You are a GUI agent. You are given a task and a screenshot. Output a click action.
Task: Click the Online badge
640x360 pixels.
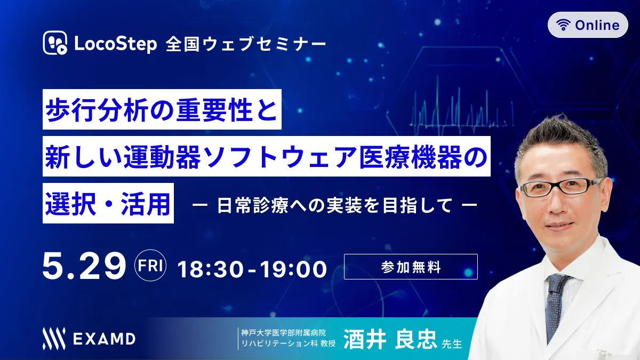(x=588, y=25)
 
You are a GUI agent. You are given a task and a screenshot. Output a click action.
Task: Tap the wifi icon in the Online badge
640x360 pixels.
(x=563, y=25)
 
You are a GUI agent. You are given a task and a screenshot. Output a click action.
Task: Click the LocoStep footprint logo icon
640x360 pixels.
(x=55, y=43)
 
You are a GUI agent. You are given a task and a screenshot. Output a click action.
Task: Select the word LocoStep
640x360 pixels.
(x=115, y=44)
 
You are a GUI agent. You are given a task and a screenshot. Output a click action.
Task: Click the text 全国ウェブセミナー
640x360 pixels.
(x=246, y=45)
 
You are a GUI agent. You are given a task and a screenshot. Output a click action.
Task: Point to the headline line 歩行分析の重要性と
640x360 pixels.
(x=162, y=109)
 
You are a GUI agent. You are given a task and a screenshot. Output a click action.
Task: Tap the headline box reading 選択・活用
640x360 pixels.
(x=108, y=203)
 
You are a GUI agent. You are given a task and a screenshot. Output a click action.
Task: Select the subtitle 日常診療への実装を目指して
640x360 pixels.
(x=334, y=205)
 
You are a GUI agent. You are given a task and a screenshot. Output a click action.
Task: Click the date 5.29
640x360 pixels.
(x=84, y=266)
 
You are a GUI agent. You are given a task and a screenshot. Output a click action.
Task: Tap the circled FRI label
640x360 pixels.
(x=150, y=266)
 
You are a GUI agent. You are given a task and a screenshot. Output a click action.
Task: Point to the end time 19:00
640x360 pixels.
(x=293, y=269)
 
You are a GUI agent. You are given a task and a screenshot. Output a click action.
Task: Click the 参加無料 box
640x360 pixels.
(x=411, y=267)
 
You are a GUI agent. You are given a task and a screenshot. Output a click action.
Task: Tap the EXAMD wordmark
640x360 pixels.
(x=105, y=339)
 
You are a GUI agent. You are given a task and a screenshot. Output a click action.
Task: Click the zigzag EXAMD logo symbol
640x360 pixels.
(x=54, y=339)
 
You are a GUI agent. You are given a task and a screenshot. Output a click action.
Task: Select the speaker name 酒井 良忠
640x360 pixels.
(x=390, y=339)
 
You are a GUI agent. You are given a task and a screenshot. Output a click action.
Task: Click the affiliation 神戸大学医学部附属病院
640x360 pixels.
(x=283, y=333)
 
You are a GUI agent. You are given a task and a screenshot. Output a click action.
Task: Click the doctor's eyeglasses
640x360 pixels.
(x=561, y=187)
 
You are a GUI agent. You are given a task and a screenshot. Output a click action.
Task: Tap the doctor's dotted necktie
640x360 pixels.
(x=555, y=306)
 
